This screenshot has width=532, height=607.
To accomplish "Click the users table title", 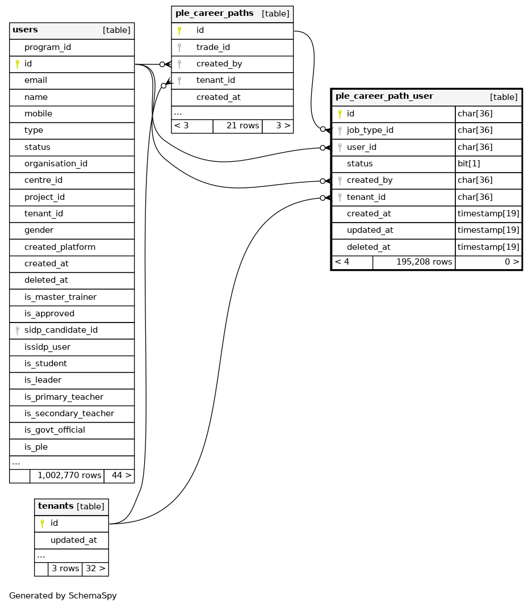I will pyautogui.click(x=26, y=30).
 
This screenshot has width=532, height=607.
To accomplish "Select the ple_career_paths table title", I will pyautogui.click(x=214, y=14).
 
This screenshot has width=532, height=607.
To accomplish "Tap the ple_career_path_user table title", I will pyautogui.click(x=384, y=97).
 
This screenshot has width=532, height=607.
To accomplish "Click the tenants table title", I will pyautogui.click(x=56, y=506).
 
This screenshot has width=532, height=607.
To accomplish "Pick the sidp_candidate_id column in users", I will pyautogui.click(x=61, y=330).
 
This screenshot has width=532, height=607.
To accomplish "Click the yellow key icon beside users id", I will pyautogui.click(x=18, y=64).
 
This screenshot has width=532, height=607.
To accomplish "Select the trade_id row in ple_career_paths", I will pyautogui.click(x=213, y=47).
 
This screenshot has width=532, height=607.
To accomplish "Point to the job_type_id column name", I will pyautogui.click(x=370, y=130).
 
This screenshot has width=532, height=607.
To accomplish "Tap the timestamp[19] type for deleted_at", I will pyautogui.click(x=488, y=247).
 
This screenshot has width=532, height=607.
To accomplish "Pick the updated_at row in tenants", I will pyautogui.click(x=73, y=540).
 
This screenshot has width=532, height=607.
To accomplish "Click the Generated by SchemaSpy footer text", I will pyautogui.click(x=62, y=596).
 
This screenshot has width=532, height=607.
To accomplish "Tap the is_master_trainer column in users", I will pyautogui.click(x=60, y=297).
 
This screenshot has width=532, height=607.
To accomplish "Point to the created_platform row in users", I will pyautogui.click(x=60, y=247).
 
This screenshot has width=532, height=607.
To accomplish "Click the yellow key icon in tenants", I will pyautogui.click(x=43, y=524).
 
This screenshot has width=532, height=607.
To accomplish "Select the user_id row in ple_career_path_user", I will pyautogui.click(x=361, y=147).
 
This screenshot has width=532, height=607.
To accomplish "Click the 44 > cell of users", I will pyautogui.click(x=119, y=475).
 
